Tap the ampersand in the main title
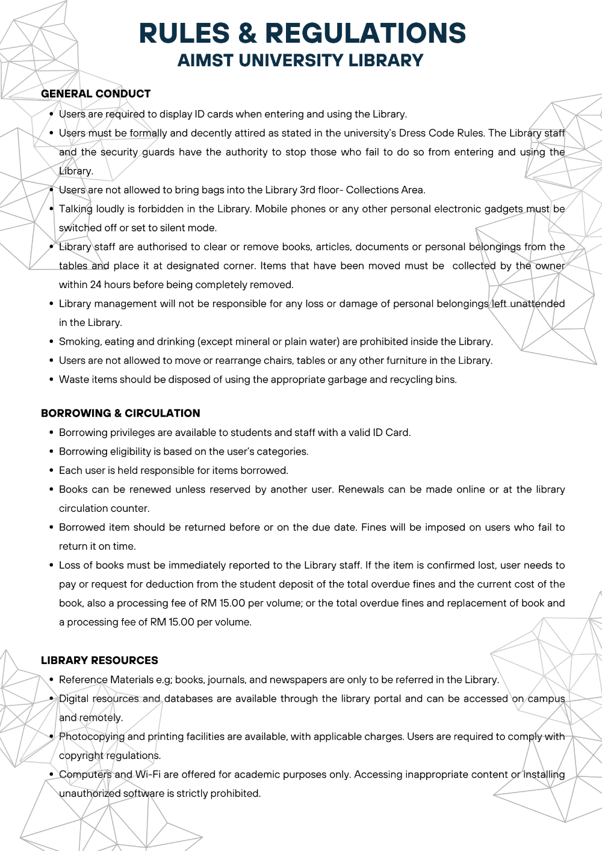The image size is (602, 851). (x=247, y=34)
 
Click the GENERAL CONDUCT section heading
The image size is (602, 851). (x=96, y=94)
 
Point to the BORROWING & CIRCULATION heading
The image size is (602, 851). (x=120, y=413)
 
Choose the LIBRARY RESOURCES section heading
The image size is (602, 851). (x=99, y=660)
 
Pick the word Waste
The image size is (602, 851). (x=72, y=379)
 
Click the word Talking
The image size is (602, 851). (x=75, y=209)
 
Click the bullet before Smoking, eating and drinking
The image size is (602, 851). (x=51, y=342)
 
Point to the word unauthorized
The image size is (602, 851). (x=90, y=794)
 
